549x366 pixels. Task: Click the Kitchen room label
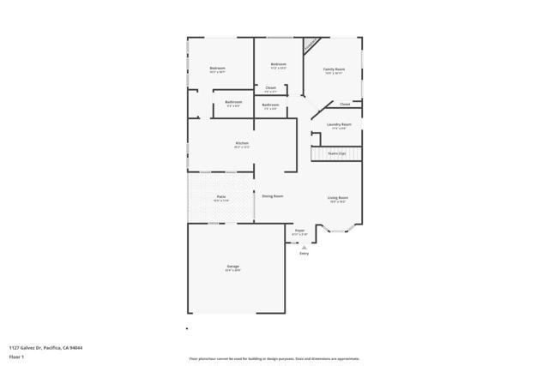pyautogui.click(x=241, y=142)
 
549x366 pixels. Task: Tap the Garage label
pyautogui.click(x=232, y=267)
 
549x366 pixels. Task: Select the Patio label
pyautogui.click(x=220, y=197)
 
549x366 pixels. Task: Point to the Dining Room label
pyautogui.click(x=273, y=196)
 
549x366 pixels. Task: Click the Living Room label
pyautogui.click(x=337, y=198)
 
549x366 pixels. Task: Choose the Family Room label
pyautogui.click(x=334, y=69)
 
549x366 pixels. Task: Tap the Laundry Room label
pyautogui.click(x=338, y=124)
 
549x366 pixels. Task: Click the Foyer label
pyautogui.click(x=299, y=231)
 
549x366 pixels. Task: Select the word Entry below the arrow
pyautogui.click(x=304, y=254)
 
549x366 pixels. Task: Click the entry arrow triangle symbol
pyautogui.click(x=304, y=247)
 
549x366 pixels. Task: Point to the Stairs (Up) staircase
pyautogui.click(x=336, y=153)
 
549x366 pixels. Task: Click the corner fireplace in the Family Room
pyautogui.click(x=312, y=43)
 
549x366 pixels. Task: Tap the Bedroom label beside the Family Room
pyautogui.click(x=278, y=64)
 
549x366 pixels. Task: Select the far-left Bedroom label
pyautogui.click(x=218, y=69)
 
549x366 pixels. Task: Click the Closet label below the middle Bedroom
pyautogui.click(x=270, y=87)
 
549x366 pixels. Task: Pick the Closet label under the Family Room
pyautogui.click(x=344, y=104)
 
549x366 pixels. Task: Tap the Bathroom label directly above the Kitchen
pyautogui.click(x=271, y=105)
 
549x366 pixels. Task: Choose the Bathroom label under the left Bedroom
pyautogui.click(x=233, y=102)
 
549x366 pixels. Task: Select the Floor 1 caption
pyautogui.click(x=16, y=356)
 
